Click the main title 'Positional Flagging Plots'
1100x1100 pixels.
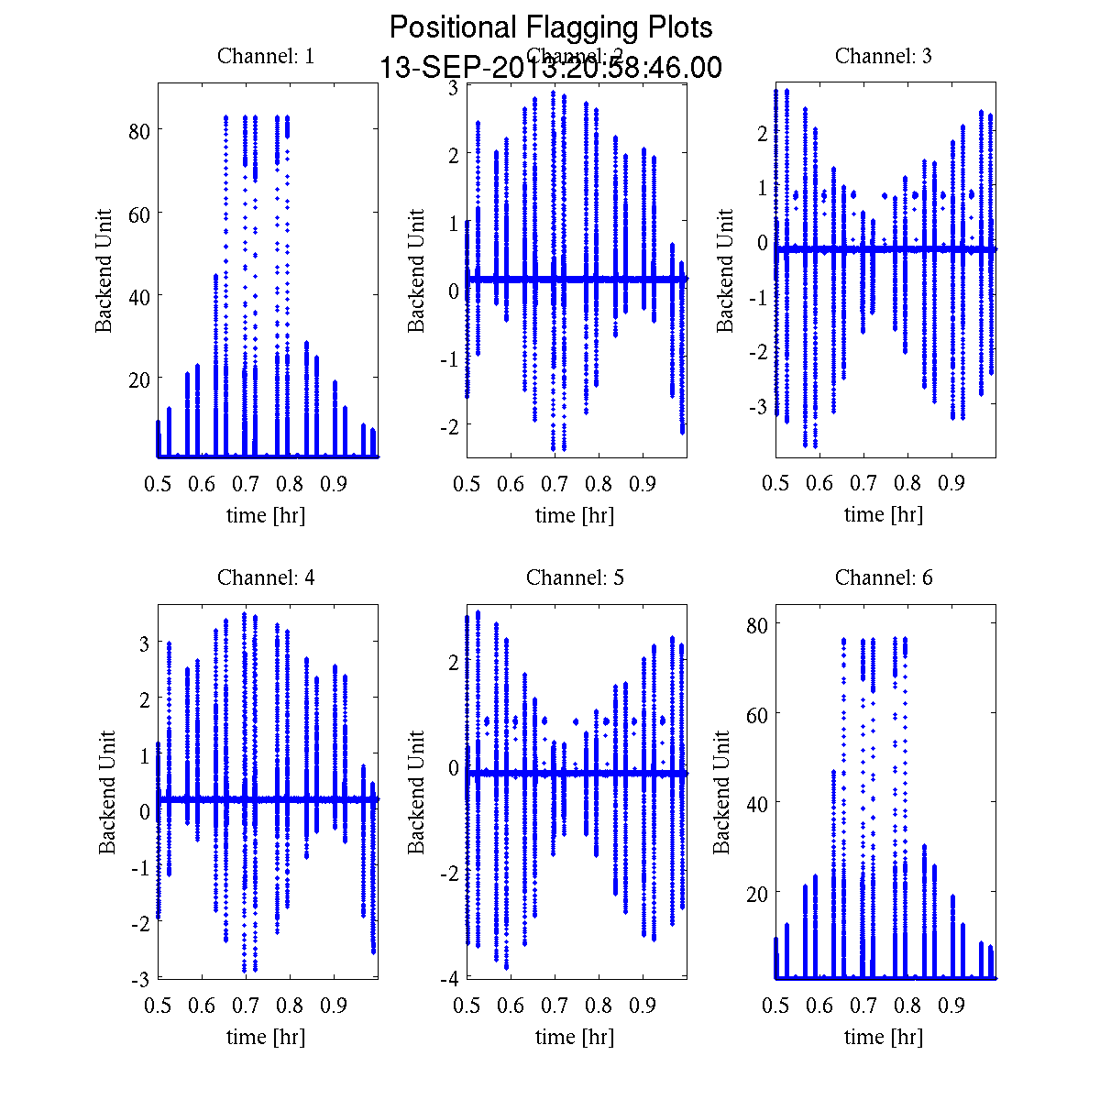coord(551,27)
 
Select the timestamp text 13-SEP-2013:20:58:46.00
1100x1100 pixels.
coord(551,68)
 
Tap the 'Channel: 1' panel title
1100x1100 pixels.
coord(266,56)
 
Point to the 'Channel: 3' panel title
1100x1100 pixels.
coord(884,56)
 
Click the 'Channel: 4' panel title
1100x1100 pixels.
coord(266,577)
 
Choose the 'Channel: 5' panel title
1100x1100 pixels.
coord(575,577)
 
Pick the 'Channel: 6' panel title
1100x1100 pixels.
coord(884,577)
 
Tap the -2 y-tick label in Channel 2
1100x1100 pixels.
coord(448,425)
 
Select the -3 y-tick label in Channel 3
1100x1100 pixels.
coord(757,406)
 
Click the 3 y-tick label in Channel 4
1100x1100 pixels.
coord(144,644)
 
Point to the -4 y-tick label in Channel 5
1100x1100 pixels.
coord(448,979)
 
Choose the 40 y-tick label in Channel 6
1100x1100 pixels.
coord(755,803)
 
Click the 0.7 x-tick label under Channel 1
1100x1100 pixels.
coord(246,484)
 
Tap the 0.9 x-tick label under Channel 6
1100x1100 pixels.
coord(951,1006)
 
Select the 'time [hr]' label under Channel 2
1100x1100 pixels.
coord(575,515)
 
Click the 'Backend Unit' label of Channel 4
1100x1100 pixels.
coord(107,792)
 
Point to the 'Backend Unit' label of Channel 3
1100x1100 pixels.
coord(725,270)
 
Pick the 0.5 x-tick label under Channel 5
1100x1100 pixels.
coord(467,1006)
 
